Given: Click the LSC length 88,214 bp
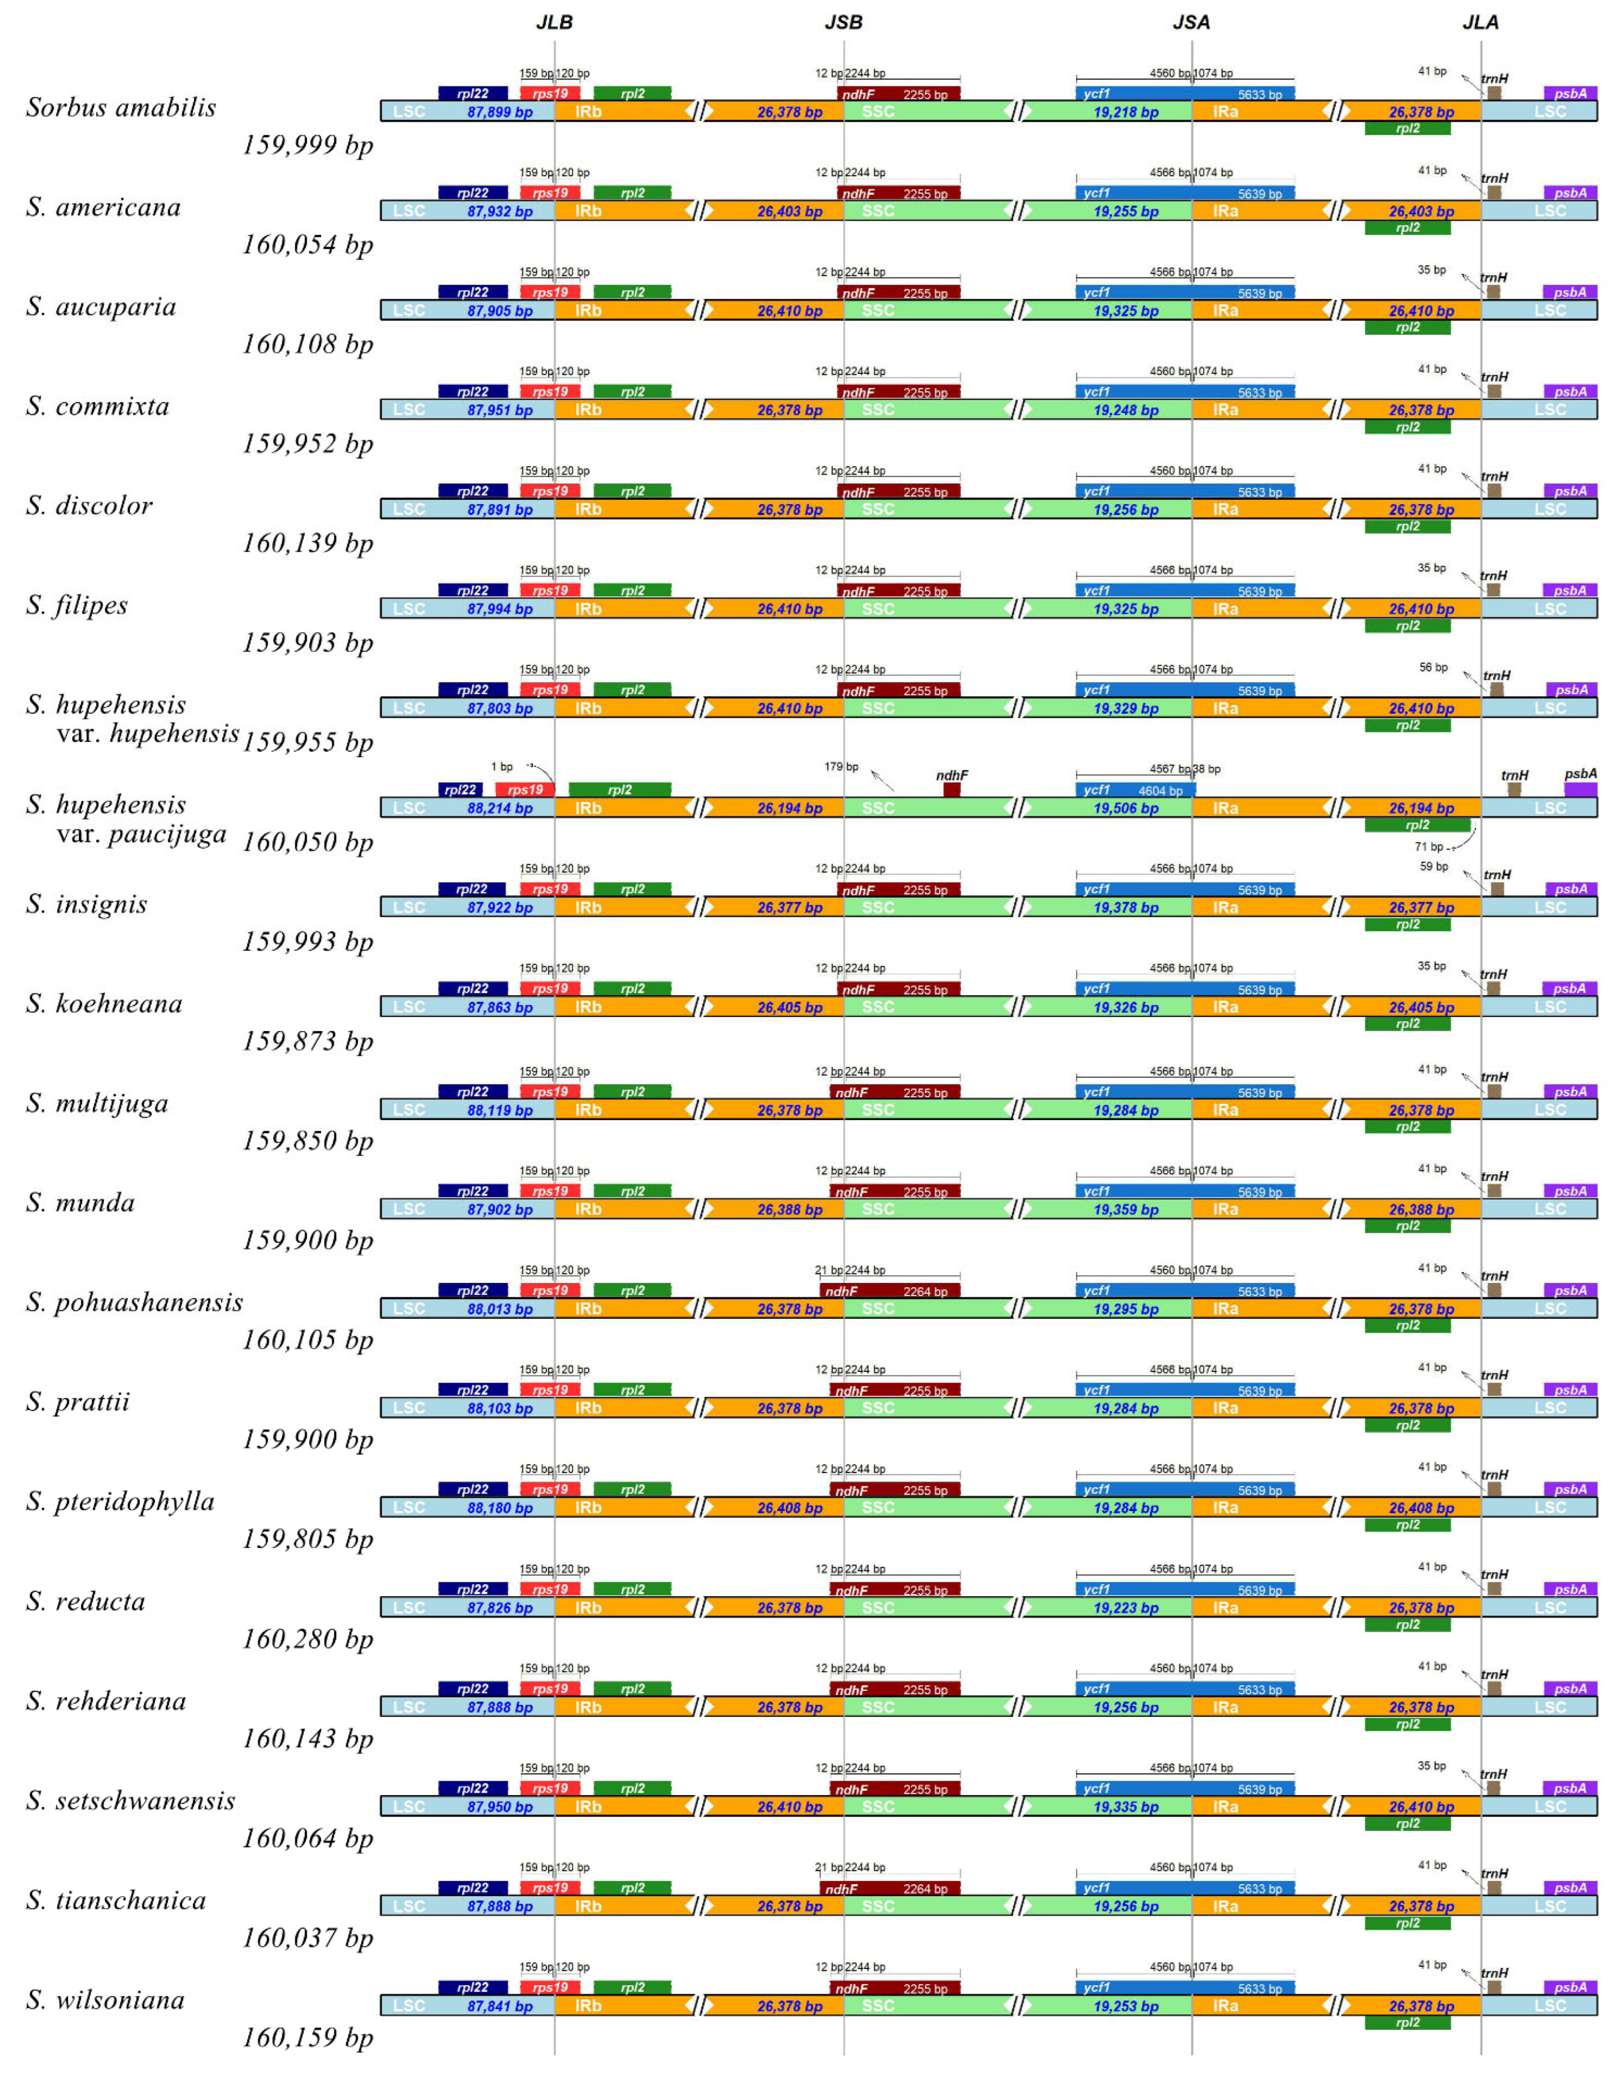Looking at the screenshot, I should [500, 808].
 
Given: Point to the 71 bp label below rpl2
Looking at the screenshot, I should [1428, 846].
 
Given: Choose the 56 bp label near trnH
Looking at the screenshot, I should [1433, 668].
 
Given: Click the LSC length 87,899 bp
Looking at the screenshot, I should [500, 112].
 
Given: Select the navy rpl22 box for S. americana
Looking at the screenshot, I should [472, 193].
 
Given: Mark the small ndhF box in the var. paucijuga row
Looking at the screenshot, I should [952, 789].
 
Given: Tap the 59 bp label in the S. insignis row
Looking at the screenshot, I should [1434, 866].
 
